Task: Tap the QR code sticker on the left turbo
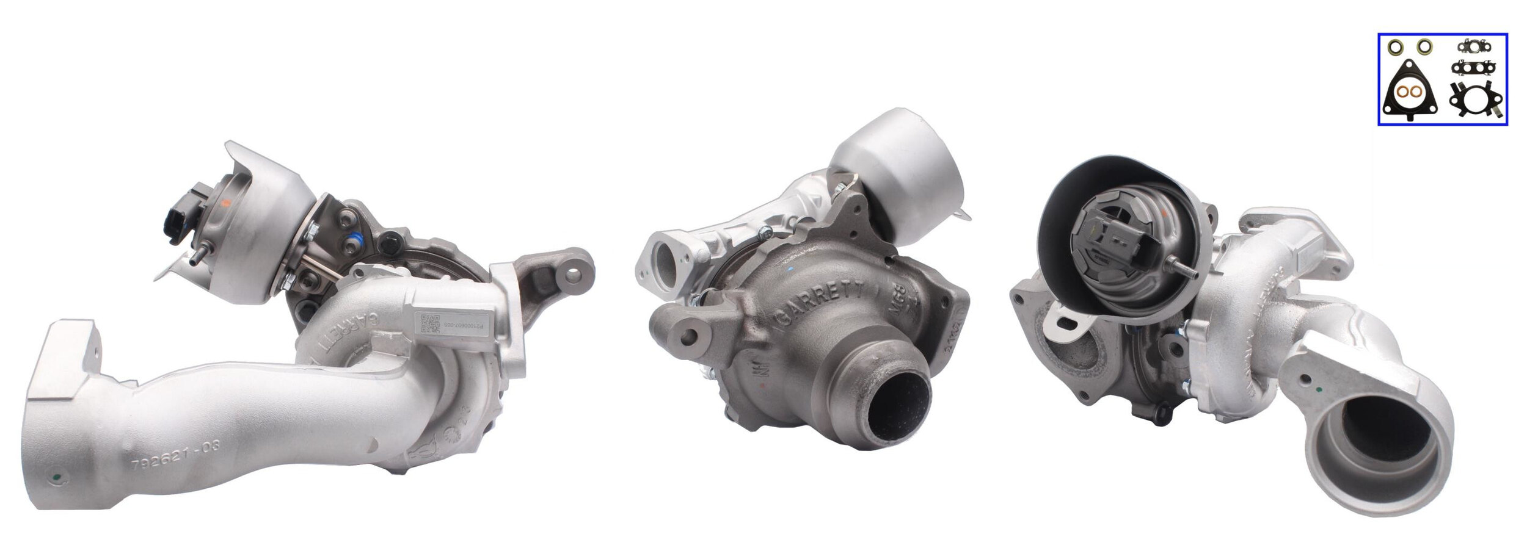[431, 323]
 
